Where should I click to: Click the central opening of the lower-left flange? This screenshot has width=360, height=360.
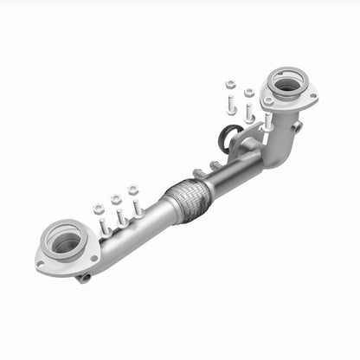65,241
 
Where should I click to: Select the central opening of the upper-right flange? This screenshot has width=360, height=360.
284,84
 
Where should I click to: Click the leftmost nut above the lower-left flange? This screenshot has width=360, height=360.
99,210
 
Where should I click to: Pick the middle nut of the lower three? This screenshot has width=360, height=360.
116,200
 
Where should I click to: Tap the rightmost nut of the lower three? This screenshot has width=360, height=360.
134,190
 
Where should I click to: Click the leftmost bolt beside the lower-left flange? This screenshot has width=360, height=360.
104,227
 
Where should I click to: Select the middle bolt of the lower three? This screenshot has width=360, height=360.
121,216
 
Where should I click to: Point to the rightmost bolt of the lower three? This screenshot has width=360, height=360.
138,208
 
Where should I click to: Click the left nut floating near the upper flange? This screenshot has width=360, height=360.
230,85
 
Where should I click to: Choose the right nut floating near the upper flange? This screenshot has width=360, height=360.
249,93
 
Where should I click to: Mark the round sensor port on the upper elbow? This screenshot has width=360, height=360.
298,127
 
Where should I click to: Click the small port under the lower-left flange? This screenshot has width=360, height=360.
82,277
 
